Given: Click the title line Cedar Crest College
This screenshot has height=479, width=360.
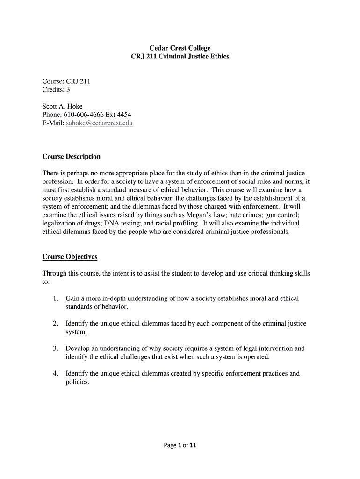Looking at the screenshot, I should (x=180, y=48).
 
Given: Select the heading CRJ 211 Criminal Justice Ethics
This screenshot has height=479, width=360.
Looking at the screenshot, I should (x=180, y=57).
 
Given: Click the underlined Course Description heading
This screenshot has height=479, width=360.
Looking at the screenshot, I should (x=71, y=156).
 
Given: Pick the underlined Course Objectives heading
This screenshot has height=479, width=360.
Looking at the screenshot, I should (x=70, y=257).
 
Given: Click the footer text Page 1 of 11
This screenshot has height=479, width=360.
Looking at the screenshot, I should (x=180, y=445).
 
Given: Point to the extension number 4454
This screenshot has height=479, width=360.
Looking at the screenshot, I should (x=122, y=115).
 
